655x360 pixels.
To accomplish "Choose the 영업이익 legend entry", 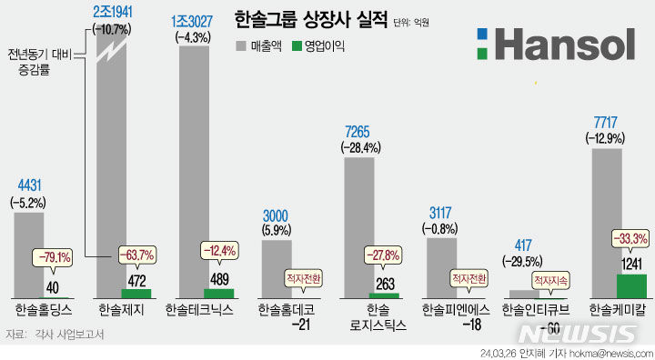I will pyautogui.click(x=319, y=46).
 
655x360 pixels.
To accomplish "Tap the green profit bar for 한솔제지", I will pyautogui.click(x=136, y=294).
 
